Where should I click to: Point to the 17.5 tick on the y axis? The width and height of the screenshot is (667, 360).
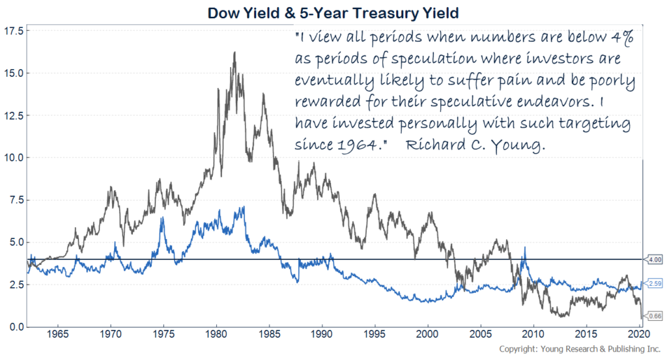[x=13, y=31]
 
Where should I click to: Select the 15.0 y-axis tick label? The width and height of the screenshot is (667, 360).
[x=13, y=73]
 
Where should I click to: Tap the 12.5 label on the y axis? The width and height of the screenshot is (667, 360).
[x=13, y=115]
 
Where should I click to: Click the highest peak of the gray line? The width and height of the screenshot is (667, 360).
[x=234, y=53]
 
